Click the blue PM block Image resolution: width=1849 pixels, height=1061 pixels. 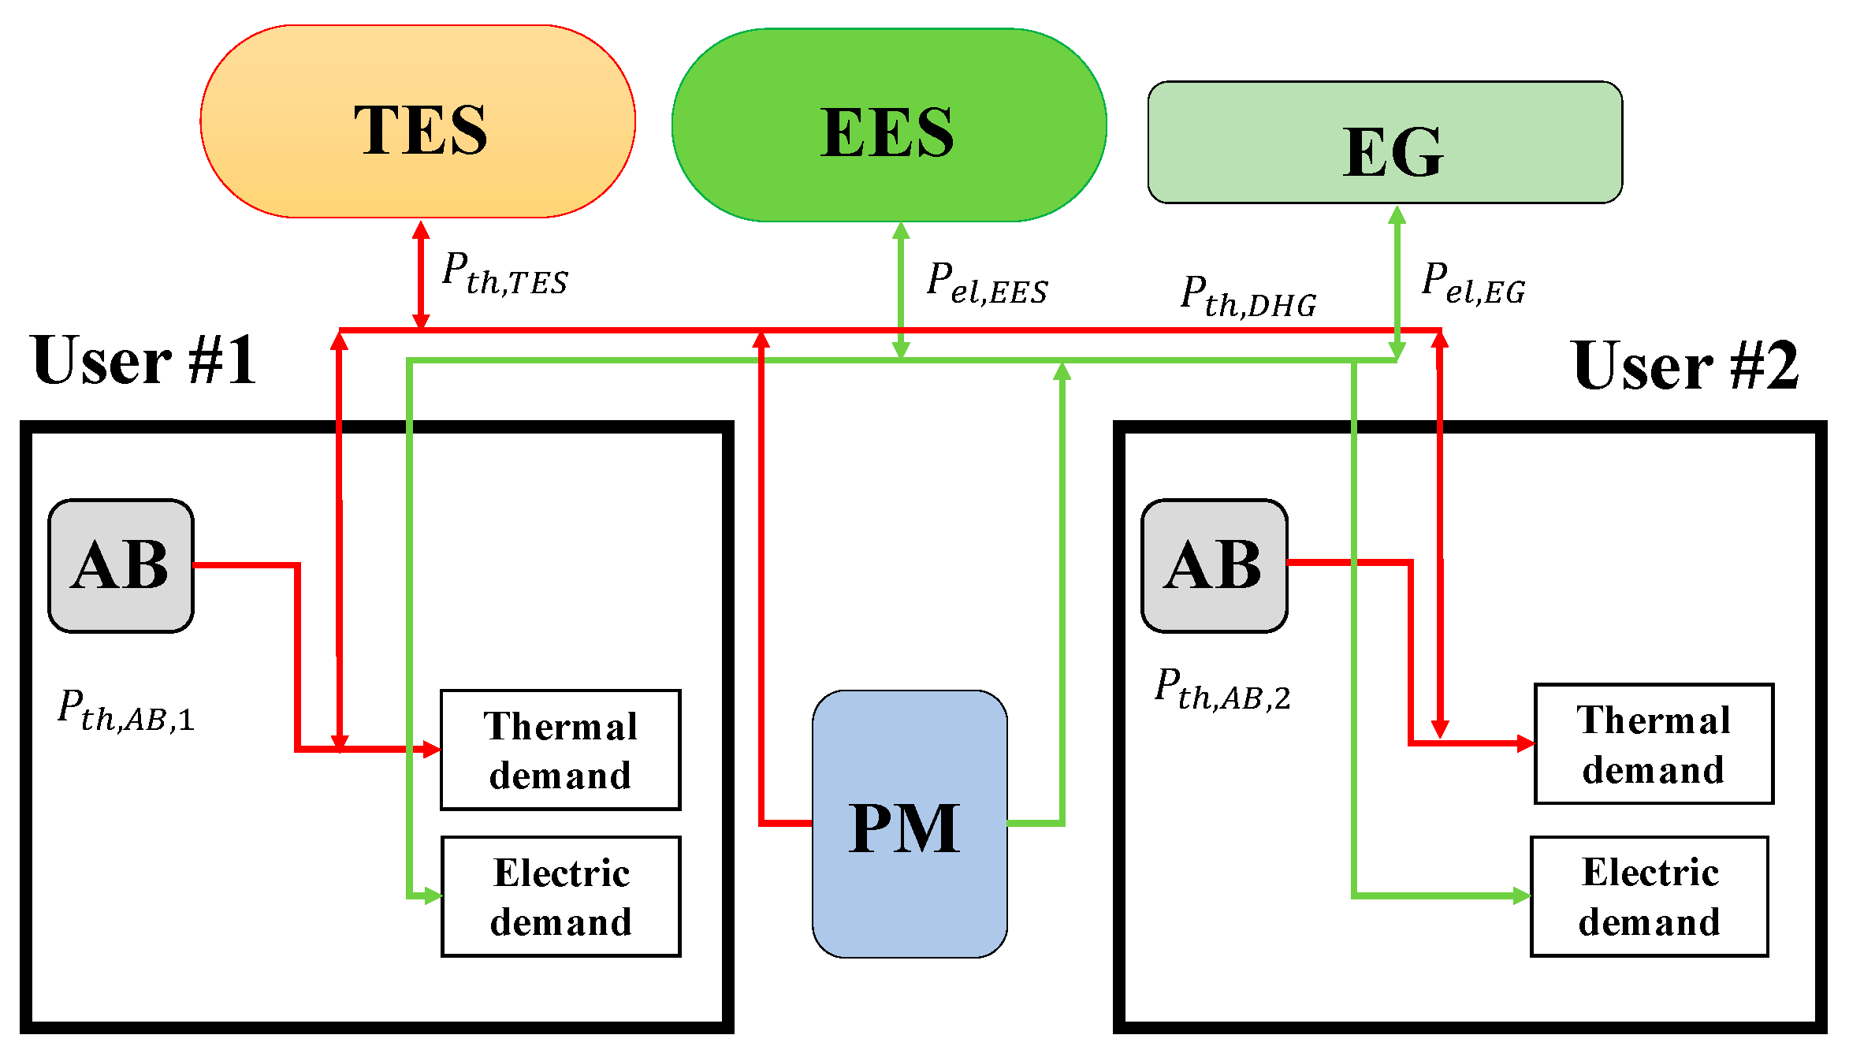[910, 825]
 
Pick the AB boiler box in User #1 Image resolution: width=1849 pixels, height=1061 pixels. [121, 566]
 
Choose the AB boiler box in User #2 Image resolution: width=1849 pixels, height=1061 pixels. [1214, 566]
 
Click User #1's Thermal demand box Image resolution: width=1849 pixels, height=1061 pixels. [560, 750]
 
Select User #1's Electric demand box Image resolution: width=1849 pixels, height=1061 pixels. [560, 896]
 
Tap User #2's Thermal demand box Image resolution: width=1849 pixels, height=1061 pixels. [1654, 744]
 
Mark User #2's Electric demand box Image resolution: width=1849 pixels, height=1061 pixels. [1649, 896]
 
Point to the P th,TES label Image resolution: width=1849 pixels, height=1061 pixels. [504, 274]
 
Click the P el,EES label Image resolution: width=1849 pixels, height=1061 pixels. [987, 284]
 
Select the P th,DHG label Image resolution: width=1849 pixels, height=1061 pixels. [1248, 297]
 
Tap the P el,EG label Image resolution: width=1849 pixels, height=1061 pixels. [1473, 284]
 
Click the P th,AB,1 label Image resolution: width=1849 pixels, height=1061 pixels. [126, 711]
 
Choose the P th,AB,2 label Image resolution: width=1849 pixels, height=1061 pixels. [1222, 690]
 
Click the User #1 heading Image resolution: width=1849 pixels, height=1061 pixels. [144, 360]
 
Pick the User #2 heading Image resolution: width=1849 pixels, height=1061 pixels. [1685, 366]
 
